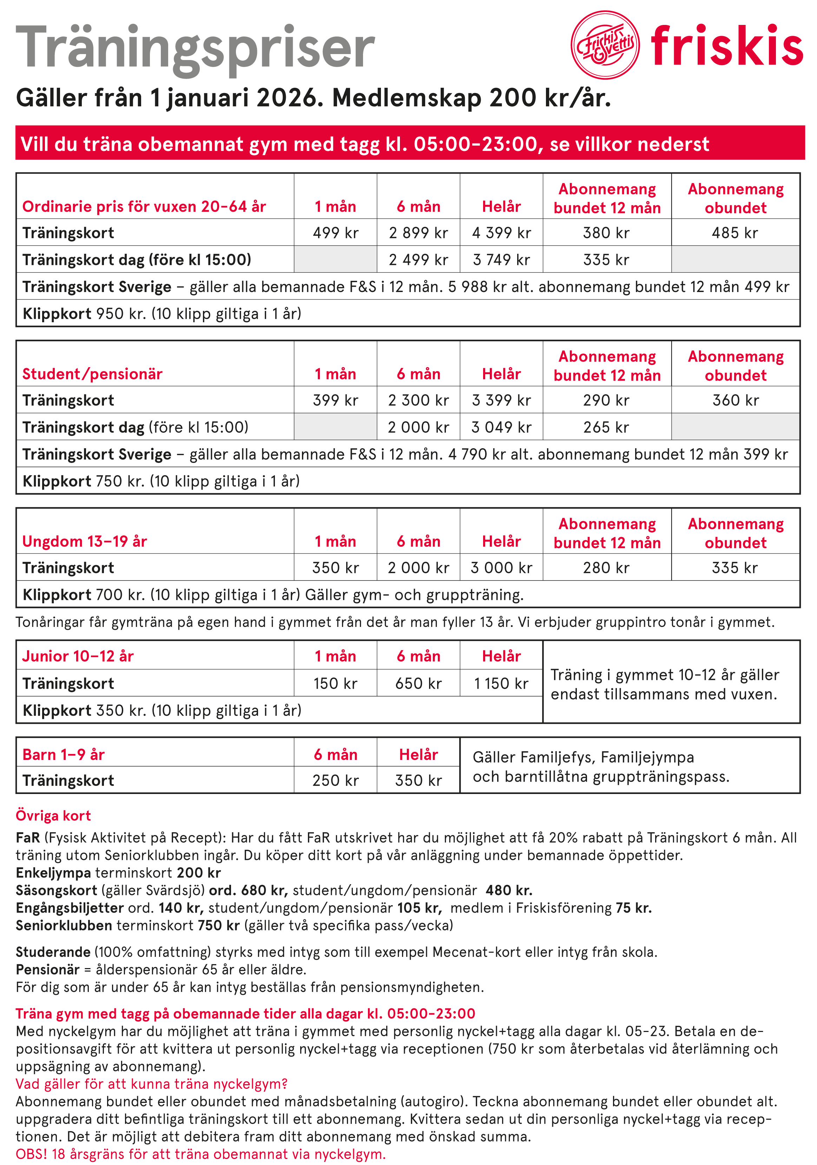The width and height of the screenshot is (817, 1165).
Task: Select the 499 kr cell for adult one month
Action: coord(335,233)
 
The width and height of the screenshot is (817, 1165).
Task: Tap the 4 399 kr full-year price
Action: coord(501,233)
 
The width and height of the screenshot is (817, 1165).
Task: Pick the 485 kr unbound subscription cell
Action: coord(735,233)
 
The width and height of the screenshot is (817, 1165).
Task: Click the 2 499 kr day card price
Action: coord(418,260)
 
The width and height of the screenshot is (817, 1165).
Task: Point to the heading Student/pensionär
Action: coord(92,374)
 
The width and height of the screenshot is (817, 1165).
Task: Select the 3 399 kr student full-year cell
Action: coord(501,401)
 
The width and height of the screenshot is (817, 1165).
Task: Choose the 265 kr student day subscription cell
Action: coord(606,427)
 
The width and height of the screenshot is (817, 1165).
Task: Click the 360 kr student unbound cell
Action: coord(735,401)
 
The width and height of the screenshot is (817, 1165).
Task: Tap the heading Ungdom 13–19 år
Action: coord(85,541)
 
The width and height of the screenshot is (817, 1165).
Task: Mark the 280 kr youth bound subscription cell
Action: coord(606,568)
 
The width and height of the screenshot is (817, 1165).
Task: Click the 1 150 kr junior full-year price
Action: coord(501,683)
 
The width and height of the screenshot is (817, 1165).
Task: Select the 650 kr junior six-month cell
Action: coord(418,683)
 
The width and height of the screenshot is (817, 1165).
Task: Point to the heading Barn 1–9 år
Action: coord(64,755)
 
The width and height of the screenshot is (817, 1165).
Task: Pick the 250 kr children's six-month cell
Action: coord(335,780)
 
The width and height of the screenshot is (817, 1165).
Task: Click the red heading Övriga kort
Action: coord(53,815)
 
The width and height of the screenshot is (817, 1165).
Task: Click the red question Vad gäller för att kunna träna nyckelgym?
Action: coord(152,1084)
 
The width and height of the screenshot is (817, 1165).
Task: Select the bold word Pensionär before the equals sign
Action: coord(48,969)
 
